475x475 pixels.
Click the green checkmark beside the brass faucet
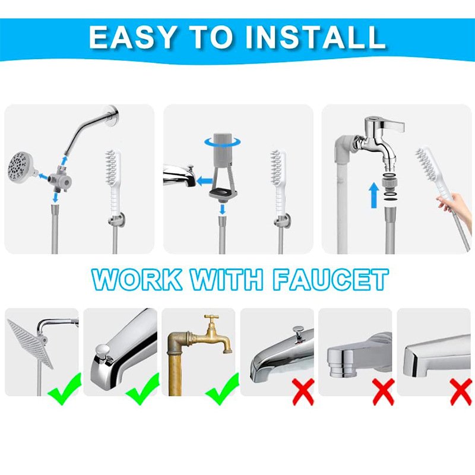coord(222,388)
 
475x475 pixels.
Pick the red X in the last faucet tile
coord(460,392)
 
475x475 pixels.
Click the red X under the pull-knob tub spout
coord(303,392)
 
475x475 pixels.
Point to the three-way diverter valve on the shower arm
coord(60,177)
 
